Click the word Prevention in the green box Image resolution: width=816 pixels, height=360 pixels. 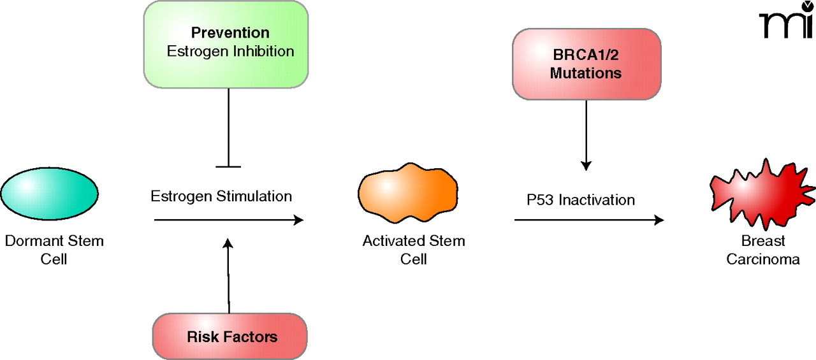[230, 33]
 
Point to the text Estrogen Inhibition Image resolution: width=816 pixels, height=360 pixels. [230, 51]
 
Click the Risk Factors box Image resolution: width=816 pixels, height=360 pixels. [230, 336]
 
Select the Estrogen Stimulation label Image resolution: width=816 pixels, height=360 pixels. [221, 196]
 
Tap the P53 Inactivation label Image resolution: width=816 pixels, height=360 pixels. [580, 200]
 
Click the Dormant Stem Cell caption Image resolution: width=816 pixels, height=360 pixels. [54, 250]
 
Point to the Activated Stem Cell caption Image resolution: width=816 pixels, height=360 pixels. [413, 250]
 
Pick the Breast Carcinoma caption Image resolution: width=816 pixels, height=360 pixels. [763, 250]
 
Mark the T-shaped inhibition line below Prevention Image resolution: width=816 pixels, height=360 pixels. [228, 127]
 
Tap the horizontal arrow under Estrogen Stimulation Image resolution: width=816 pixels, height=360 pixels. [228, 220]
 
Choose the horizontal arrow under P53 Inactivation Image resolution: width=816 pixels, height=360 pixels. [588, 220]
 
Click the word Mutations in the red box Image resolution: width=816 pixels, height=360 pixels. [586, 73]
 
